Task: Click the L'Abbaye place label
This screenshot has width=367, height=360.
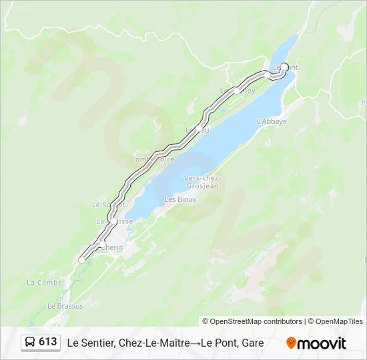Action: [x=272, y=121]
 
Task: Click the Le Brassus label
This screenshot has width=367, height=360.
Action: [x=65, y=306]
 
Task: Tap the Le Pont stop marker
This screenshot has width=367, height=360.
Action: [x=285, y=66]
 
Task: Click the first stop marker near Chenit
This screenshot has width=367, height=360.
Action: [x=81, y=260]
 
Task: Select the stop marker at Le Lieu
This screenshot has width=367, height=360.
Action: [x=199, y=127]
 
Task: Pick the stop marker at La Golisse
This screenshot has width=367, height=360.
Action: [x=114, y=220]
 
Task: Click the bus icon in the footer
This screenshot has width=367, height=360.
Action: [x=31, y=342]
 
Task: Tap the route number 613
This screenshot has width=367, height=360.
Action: [x=48, y=342]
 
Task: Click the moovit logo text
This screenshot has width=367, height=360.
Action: [x=322, y=343]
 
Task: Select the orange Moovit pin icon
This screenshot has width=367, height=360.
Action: [x=291, y=343]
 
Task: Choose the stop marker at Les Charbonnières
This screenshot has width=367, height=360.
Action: [x=236, y=90]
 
